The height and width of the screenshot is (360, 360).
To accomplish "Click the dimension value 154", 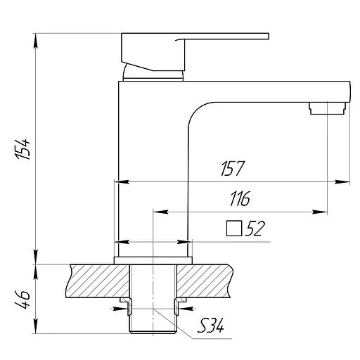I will tap(24, 148).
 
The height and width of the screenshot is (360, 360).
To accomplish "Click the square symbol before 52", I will tap(233, 228).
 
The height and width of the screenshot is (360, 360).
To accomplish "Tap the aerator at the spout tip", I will tap(328, 108).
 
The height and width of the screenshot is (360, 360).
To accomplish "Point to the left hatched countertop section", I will tap(96, 281).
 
